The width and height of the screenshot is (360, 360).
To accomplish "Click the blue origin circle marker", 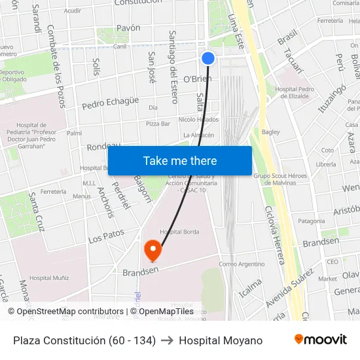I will [x=208, y=58].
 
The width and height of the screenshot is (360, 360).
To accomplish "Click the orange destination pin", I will [x=153, y=249].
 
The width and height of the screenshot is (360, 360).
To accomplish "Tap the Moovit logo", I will [x=320, y=340].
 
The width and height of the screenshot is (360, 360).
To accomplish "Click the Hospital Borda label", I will [x=179, y=232].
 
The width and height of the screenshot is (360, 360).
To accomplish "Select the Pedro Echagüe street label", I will [x=110, y=102].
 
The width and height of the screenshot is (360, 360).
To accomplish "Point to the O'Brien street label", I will [x=197, y=79].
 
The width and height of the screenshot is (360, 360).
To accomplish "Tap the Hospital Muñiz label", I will [x=49, y=278].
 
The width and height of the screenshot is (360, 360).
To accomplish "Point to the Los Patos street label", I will [x=106, y=236].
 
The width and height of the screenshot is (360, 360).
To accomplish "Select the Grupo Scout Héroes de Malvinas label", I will [x=280, y=179].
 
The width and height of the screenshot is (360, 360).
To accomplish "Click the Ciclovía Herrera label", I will [x=274, y=236].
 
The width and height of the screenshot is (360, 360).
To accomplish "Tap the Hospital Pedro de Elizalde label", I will [x=295, y=92].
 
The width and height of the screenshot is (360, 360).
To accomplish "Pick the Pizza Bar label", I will [x=158, y=123].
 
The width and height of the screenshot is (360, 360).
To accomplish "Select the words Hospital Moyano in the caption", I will [x=221, y=340].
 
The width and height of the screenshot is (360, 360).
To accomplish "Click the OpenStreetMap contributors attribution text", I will [x=68, y=312].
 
